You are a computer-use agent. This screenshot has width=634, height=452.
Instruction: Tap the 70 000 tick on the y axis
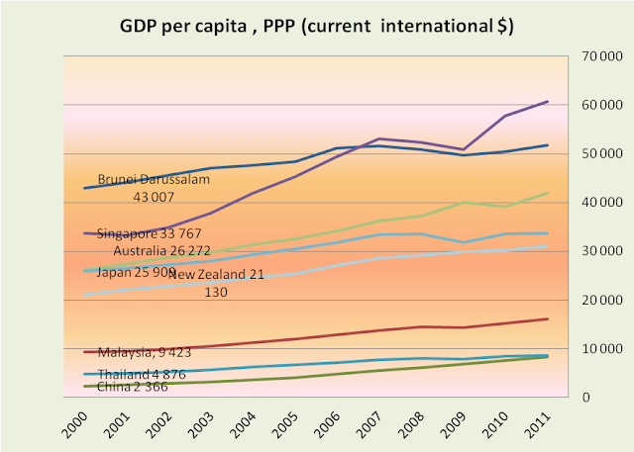click(598, 56)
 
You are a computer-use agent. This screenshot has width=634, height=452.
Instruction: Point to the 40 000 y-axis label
click(598, 203)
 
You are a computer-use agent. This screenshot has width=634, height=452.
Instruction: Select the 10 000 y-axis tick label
click(598, 349)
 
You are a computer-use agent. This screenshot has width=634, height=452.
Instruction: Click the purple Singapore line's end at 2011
click(548, 101)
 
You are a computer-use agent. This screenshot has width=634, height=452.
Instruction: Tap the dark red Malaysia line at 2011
click(548, 318)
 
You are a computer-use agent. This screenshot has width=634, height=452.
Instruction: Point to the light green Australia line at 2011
click(548, 193)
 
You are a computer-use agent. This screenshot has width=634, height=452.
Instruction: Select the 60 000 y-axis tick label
click(598, 105)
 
